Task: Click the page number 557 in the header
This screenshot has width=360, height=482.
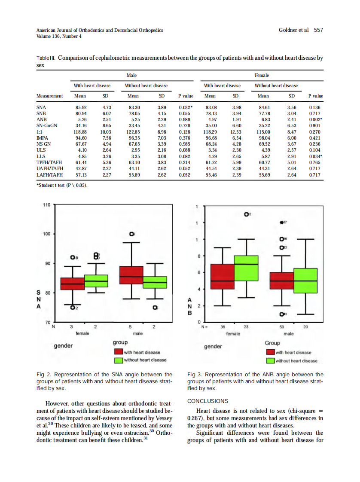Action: [x=318, y=30]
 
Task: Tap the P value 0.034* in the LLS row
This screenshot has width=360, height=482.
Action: [x=316, y=157]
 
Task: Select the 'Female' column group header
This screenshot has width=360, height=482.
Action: [x=262, y=75]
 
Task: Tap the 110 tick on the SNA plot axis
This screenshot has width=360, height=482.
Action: [x=47, y=205]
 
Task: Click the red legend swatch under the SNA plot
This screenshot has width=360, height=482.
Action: [x=119, y=352]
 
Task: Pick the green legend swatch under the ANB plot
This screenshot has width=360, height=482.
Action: [x=270, y=360]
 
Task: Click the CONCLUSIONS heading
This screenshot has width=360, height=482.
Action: [x=208, y=401]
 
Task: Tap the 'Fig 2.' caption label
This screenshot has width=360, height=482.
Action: [x=44, y=375]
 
